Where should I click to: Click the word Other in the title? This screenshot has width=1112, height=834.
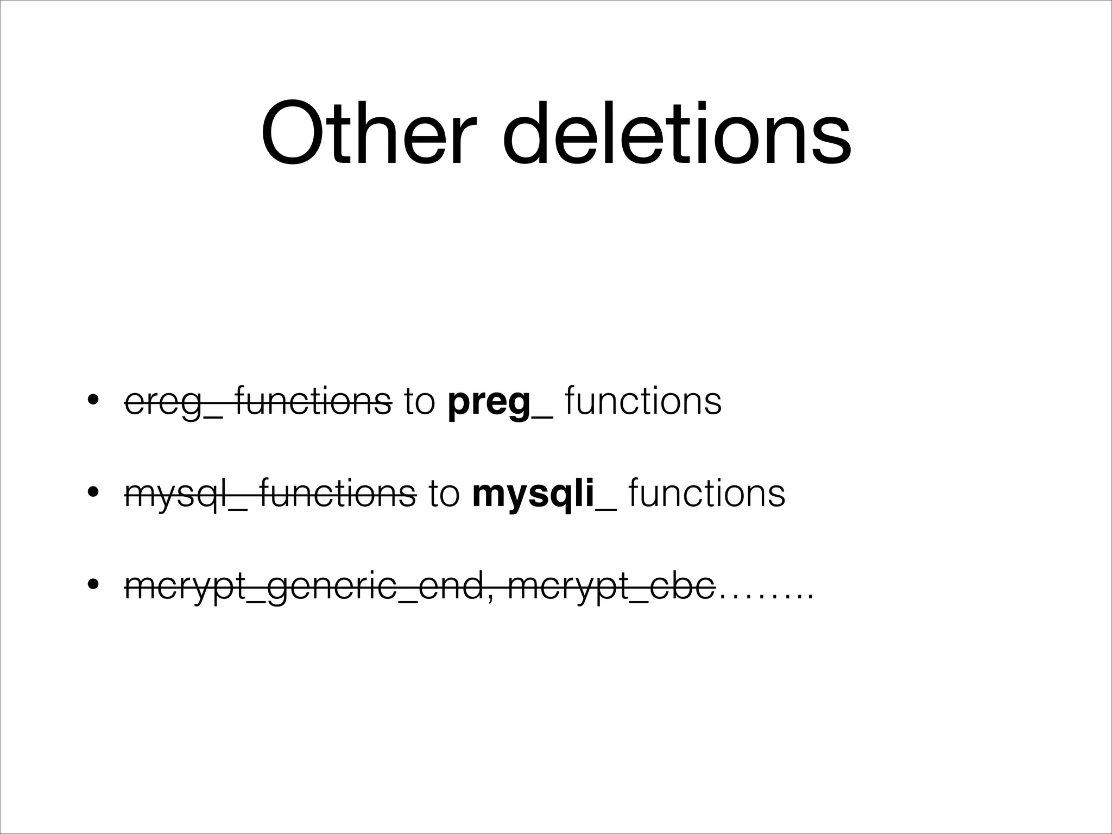tap(369, 132)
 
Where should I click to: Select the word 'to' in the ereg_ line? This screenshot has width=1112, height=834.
tap(420, 402)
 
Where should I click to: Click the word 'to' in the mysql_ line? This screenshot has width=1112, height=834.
tap(444, 494)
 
